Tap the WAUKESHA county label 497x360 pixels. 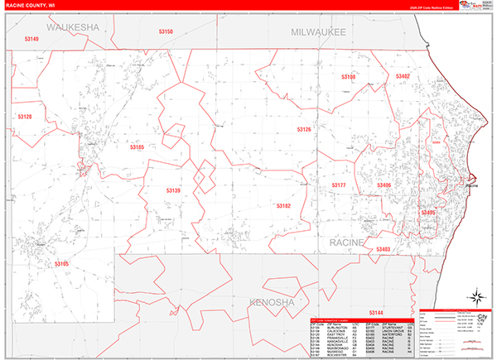coord(72,28)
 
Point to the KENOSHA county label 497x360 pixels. coord(272,304)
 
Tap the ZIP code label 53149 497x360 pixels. coord(31,39)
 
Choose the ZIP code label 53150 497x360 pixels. coord(166,32)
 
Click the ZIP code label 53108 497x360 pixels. coord(348,77)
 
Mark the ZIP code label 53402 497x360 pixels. coord(403,76)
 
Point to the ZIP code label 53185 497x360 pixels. coord(137,147)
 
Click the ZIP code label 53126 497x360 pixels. coord(304,130)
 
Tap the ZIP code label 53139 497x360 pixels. coord(172,191)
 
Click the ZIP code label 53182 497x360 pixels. coord(283,205)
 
